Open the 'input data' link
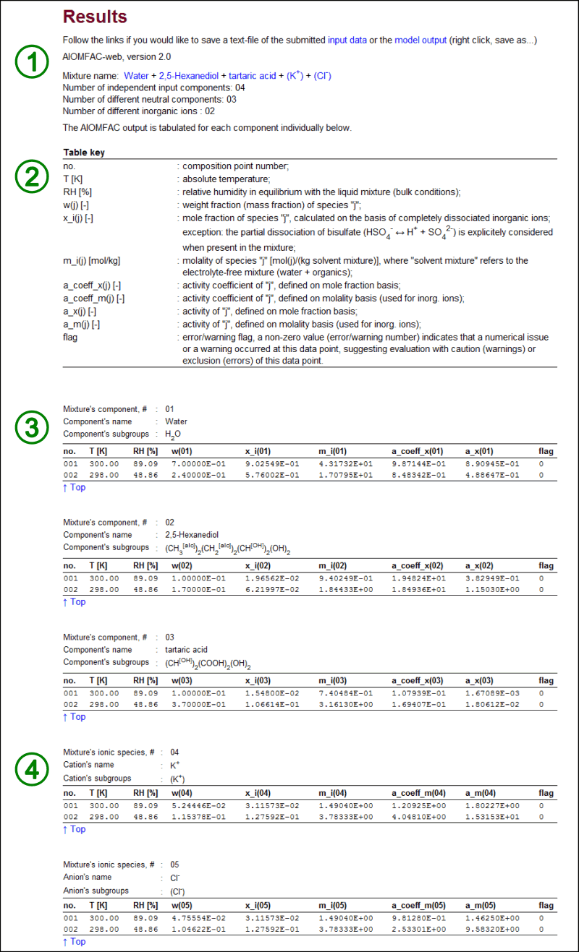[347, 39]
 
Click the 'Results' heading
[95, 17]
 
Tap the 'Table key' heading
[85, 153]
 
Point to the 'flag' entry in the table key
[71, 338]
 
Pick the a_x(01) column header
[479, 451]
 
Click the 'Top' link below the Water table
[74, 487]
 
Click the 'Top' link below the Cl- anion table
[74, 942]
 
